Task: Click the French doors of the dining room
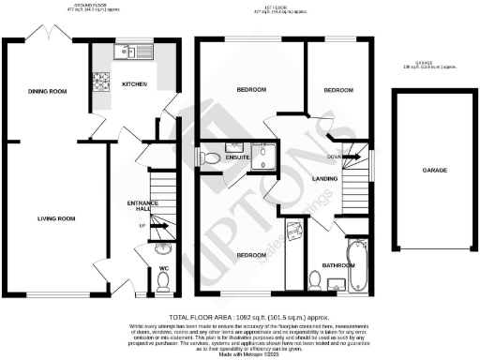pos(47,35)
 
